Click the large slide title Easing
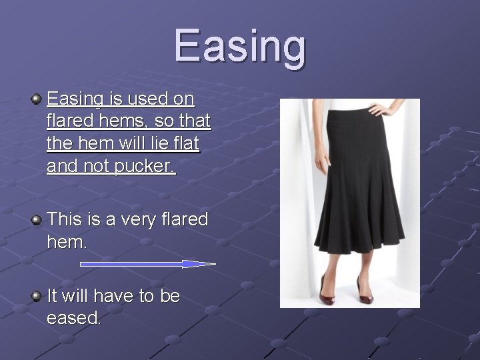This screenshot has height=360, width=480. coord(240,47)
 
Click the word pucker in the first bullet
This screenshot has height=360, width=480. coord(144,165)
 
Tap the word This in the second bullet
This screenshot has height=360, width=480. coord(64,219)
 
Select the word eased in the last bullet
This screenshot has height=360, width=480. coord(73,318)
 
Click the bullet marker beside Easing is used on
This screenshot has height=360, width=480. coord(36,99)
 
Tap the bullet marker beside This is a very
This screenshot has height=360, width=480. coord(36,219)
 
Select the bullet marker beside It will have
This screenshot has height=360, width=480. coord(36,295)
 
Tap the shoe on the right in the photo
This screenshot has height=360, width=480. coord(365,289)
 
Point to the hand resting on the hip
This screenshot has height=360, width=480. coord(384,107)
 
